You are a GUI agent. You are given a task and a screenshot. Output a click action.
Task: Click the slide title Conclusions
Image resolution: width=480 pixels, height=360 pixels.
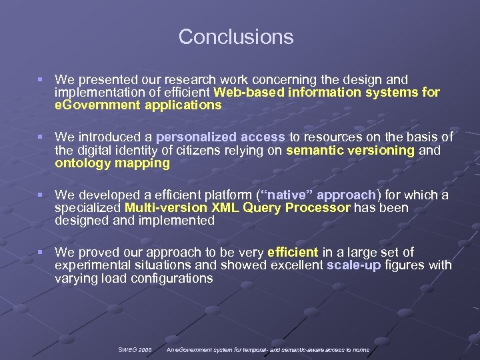(236, 37)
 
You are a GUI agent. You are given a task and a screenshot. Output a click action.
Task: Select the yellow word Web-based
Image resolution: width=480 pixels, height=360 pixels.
(244, 93)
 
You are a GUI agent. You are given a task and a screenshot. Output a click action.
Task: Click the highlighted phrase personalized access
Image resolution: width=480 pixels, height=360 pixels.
(221, 137)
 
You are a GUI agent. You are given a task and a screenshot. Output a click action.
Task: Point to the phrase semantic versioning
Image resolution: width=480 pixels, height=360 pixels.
(350, 150)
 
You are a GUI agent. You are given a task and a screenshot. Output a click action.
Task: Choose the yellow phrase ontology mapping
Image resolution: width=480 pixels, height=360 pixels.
(112, 163)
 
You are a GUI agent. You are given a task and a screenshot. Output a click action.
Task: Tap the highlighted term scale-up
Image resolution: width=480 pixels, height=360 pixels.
(353, 265)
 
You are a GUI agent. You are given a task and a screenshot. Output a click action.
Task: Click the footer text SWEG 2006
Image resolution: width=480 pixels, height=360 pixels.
(135, 349)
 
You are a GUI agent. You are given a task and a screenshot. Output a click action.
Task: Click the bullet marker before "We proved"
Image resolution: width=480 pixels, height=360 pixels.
(41, 253)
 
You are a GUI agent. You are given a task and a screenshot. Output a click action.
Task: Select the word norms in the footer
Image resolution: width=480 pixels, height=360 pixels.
(360, 349)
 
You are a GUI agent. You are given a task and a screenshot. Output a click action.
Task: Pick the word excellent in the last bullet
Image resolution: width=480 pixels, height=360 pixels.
(297, 265)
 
